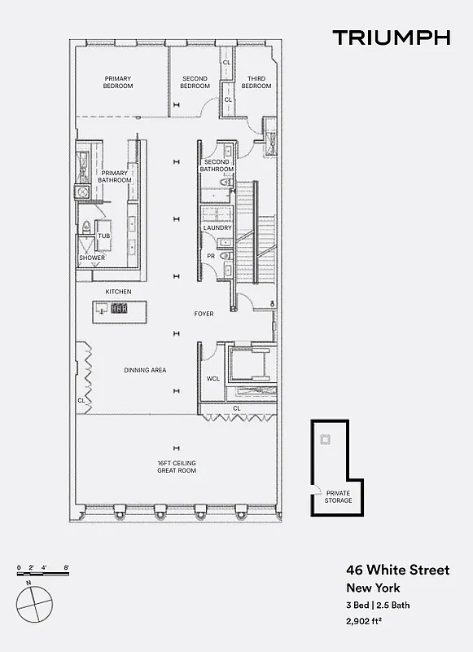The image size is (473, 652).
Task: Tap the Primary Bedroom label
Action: [x=118, y=82]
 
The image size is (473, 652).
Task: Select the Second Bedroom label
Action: [x=195, y=82]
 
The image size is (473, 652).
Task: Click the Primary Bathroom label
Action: [x=115, y=177]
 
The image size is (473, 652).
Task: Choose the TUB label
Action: [x=103, y=236]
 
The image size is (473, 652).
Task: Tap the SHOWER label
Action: [x=92, y=258]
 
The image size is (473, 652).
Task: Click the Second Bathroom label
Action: [x=217, y=165]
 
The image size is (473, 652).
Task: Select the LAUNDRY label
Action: [x=218, y=228]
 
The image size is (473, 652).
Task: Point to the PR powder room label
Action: [x=210, y=256]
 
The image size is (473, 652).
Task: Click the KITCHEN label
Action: [x=118, y=292]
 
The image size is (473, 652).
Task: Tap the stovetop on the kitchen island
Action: [x=120, y=308]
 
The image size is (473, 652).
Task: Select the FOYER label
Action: [x=204, y=314]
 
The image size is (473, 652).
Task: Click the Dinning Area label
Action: [x=145, y=370]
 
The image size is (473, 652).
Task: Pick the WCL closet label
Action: [x=213, y=378]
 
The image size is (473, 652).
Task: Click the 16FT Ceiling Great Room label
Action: [x=177, y=467]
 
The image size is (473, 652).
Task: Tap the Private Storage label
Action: [x=339, y=496]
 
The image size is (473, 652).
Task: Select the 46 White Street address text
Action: [x=397, y=570]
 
